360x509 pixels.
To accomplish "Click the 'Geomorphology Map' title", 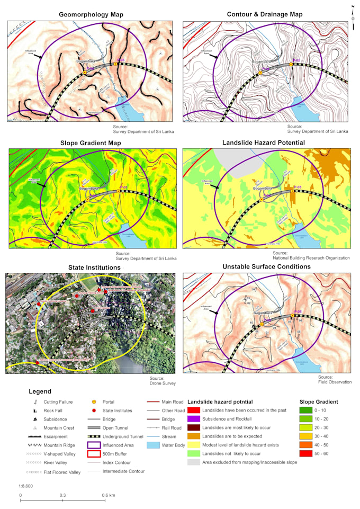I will pyautogui.click(x=91, y=14).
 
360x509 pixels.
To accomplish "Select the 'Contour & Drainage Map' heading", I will pyautogui.click(x=264, y=14).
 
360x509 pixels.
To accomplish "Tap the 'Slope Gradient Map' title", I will pyautogui.click(x=91, y=143).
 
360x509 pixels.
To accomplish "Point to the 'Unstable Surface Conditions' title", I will pyautogui.click(x=266, y=266).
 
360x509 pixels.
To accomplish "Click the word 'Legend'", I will pyautogui.click(x=40, y=392).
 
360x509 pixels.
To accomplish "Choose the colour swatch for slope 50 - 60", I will pyautogui.click(x=307, y=453).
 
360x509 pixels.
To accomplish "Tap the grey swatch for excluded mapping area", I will pyautogui.click(x=194, y=462).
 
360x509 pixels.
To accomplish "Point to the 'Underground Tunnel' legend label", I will pyautogui.click(x=123, y=436).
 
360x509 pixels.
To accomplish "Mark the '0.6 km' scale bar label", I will pyautogui.click(x=109, y=495).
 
